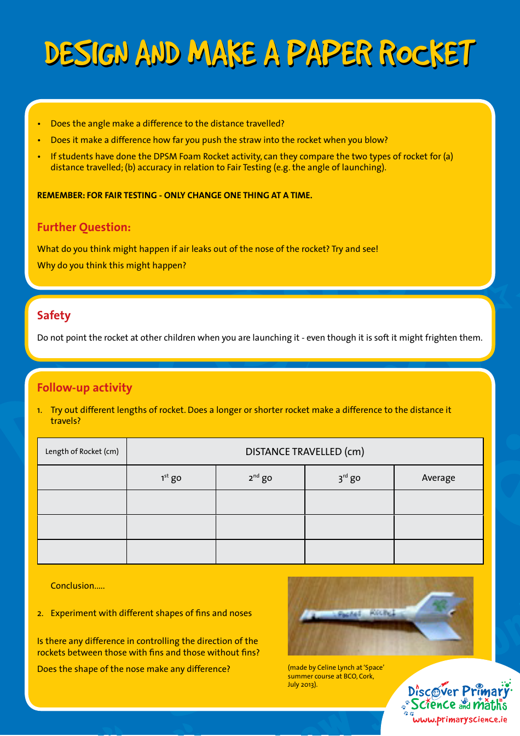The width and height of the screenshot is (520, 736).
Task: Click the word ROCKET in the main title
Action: pos(427,54)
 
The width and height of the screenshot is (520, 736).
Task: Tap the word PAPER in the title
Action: pos(330,54)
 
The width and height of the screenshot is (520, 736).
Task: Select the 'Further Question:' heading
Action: pos(84,227)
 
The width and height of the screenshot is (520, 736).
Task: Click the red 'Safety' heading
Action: pos(54,315)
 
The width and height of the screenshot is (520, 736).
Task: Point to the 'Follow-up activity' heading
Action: pos(84,388)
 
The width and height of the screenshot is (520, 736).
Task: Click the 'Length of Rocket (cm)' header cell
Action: pos(82,451)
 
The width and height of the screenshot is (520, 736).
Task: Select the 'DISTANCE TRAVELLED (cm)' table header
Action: pos(304,451)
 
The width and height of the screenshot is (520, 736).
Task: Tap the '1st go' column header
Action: pos(171,478)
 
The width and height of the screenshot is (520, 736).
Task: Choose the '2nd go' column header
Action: pos(260,478)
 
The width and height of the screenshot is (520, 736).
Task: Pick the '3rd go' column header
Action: pos(349,478)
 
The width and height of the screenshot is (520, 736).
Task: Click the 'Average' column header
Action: pos(438,478)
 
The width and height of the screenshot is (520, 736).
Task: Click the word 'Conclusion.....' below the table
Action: pos(77,585)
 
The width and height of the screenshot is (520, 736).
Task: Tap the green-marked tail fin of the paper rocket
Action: pos(438,605)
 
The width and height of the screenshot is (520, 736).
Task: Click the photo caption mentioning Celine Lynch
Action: pos(336,676)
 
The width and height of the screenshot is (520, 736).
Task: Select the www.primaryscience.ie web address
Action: pos(459,720)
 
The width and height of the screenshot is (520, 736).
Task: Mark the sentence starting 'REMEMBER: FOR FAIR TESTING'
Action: pos(175,195)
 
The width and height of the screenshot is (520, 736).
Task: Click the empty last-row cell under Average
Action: pos(438,551)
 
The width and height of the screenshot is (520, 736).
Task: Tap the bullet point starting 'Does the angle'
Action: pos(167,124)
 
